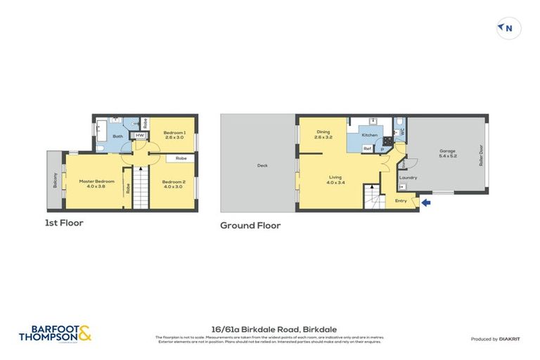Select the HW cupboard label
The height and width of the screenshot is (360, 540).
(x=140, y=136)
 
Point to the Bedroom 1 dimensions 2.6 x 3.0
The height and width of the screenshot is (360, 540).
(x=174, y=138)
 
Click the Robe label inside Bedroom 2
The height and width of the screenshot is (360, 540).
(x=181, y=158)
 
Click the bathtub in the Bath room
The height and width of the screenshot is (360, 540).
(x=100, y=132)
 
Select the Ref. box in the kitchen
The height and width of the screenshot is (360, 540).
(x=367, y=148)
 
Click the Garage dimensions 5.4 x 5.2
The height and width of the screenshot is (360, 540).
(x=447, y=156)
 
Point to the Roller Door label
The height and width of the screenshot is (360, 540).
(x=482, y=155)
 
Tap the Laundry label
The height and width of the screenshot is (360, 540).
(x=408, y=177)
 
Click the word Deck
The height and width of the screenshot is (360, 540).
(x=262, y=166)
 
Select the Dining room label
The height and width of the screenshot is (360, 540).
(x=323, y=131)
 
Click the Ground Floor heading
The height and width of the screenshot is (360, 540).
(x=250, y=226)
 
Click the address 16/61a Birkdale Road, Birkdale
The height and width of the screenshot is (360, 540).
(x=269, y=328)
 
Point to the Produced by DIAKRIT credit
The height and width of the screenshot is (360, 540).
(x=496, y=339)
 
